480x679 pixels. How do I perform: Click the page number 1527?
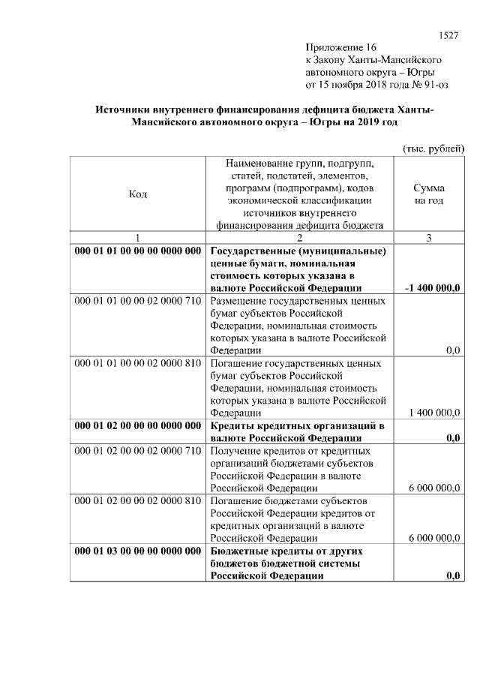coord(448,35)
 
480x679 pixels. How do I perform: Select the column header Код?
coord(137,194)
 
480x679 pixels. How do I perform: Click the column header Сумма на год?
coord(428,194)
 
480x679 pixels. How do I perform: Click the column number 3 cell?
coord(428,238)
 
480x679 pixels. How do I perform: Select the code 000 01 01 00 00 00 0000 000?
coord(138,251)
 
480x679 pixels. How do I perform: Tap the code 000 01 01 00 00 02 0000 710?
coord(138,301)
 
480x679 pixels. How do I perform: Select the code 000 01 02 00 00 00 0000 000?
coord(138,425)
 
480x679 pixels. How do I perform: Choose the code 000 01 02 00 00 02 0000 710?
coord(138,450)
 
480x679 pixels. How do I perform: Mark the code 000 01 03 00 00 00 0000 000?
coord(138,551)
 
